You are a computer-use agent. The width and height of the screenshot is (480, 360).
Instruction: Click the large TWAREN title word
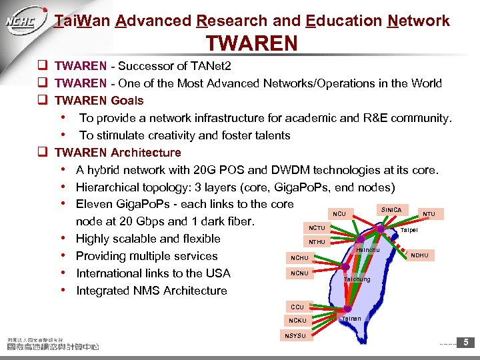coord(252,43)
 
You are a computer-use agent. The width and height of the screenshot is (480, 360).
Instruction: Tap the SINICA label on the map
coord(391,210)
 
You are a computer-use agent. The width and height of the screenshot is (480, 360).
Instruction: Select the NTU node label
coord(429,215)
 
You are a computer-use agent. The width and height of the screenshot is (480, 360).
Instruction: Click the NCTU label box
coord(317,228)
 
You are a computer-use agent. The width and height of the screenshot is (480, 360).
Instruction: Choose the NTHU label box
coord(317,241)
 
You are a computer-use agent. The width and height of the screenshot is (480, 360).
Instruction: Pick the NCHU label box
coord(300,258)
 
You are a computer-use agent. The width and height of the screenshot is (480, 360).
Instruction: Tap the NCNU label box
coord(300,273)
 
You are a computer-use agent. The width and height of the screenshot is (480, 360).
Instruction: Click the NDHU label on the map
coord(420,255)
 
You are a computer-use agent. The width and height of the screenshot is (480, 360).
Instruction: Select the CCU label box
coord(297,307)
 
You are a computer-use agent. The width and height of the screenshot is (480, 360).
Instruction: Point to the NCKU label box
coord(297,321)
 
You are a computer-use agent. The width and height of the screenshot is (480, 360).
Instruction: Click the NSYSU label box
coord(295,335)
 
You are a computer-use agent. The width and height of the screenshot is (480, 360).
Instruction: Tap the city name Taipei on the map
coord(408,231)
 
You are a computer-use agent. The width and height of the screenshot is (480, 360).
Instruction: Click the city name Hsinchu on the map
coord(367,250)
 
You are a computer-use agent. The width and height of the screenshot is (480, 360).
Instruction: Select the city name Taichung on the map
coord(357,279)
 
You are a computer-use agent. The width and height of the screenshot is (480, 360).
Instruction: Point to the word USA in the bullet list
coord(217,273)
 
